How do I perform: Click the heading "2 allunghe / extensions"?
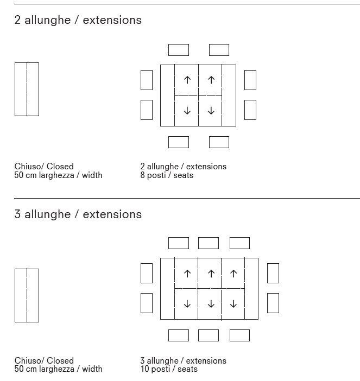coord(78,20)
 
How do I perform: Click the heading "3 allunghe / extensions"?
coord(78,214)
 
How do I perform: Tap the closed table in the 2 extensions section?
coord(27,89)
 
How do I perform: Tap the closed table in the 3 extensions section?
coord(27,295)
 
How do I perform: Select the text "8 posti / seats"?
coord(167,175)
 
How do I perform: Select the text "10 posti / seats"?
coord(169,369)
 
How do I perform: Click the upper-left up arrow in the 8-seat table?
coord(187,80)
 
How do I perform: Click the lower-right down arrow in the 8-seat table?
coord(211,111)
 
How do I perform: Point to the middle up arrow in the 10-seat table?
coord(211,274)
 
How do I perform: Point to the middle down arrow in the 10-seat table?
coord(211,304)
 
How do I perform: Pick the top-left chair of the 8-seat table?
coord(179,50)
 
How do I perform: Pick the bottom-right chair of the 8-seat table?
coord(219,142)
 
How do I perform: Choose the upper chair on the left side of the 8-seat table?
coord(147,80)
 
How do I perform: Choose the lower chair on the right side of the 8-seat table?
coord(250,110)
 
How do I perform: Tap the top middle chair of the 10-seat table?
coord(209,243)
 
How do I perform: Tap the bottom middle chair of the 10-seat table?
coord(209,335)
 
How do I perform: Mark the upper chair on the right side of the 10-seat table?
coord(273,273)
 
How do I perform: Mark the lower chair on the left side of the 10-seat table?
coord(147,303)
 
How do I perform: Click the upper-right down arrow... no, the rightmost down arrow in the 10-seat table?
coord(233,304)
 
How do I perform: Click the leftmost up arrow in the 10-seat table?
coord(187,274)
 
